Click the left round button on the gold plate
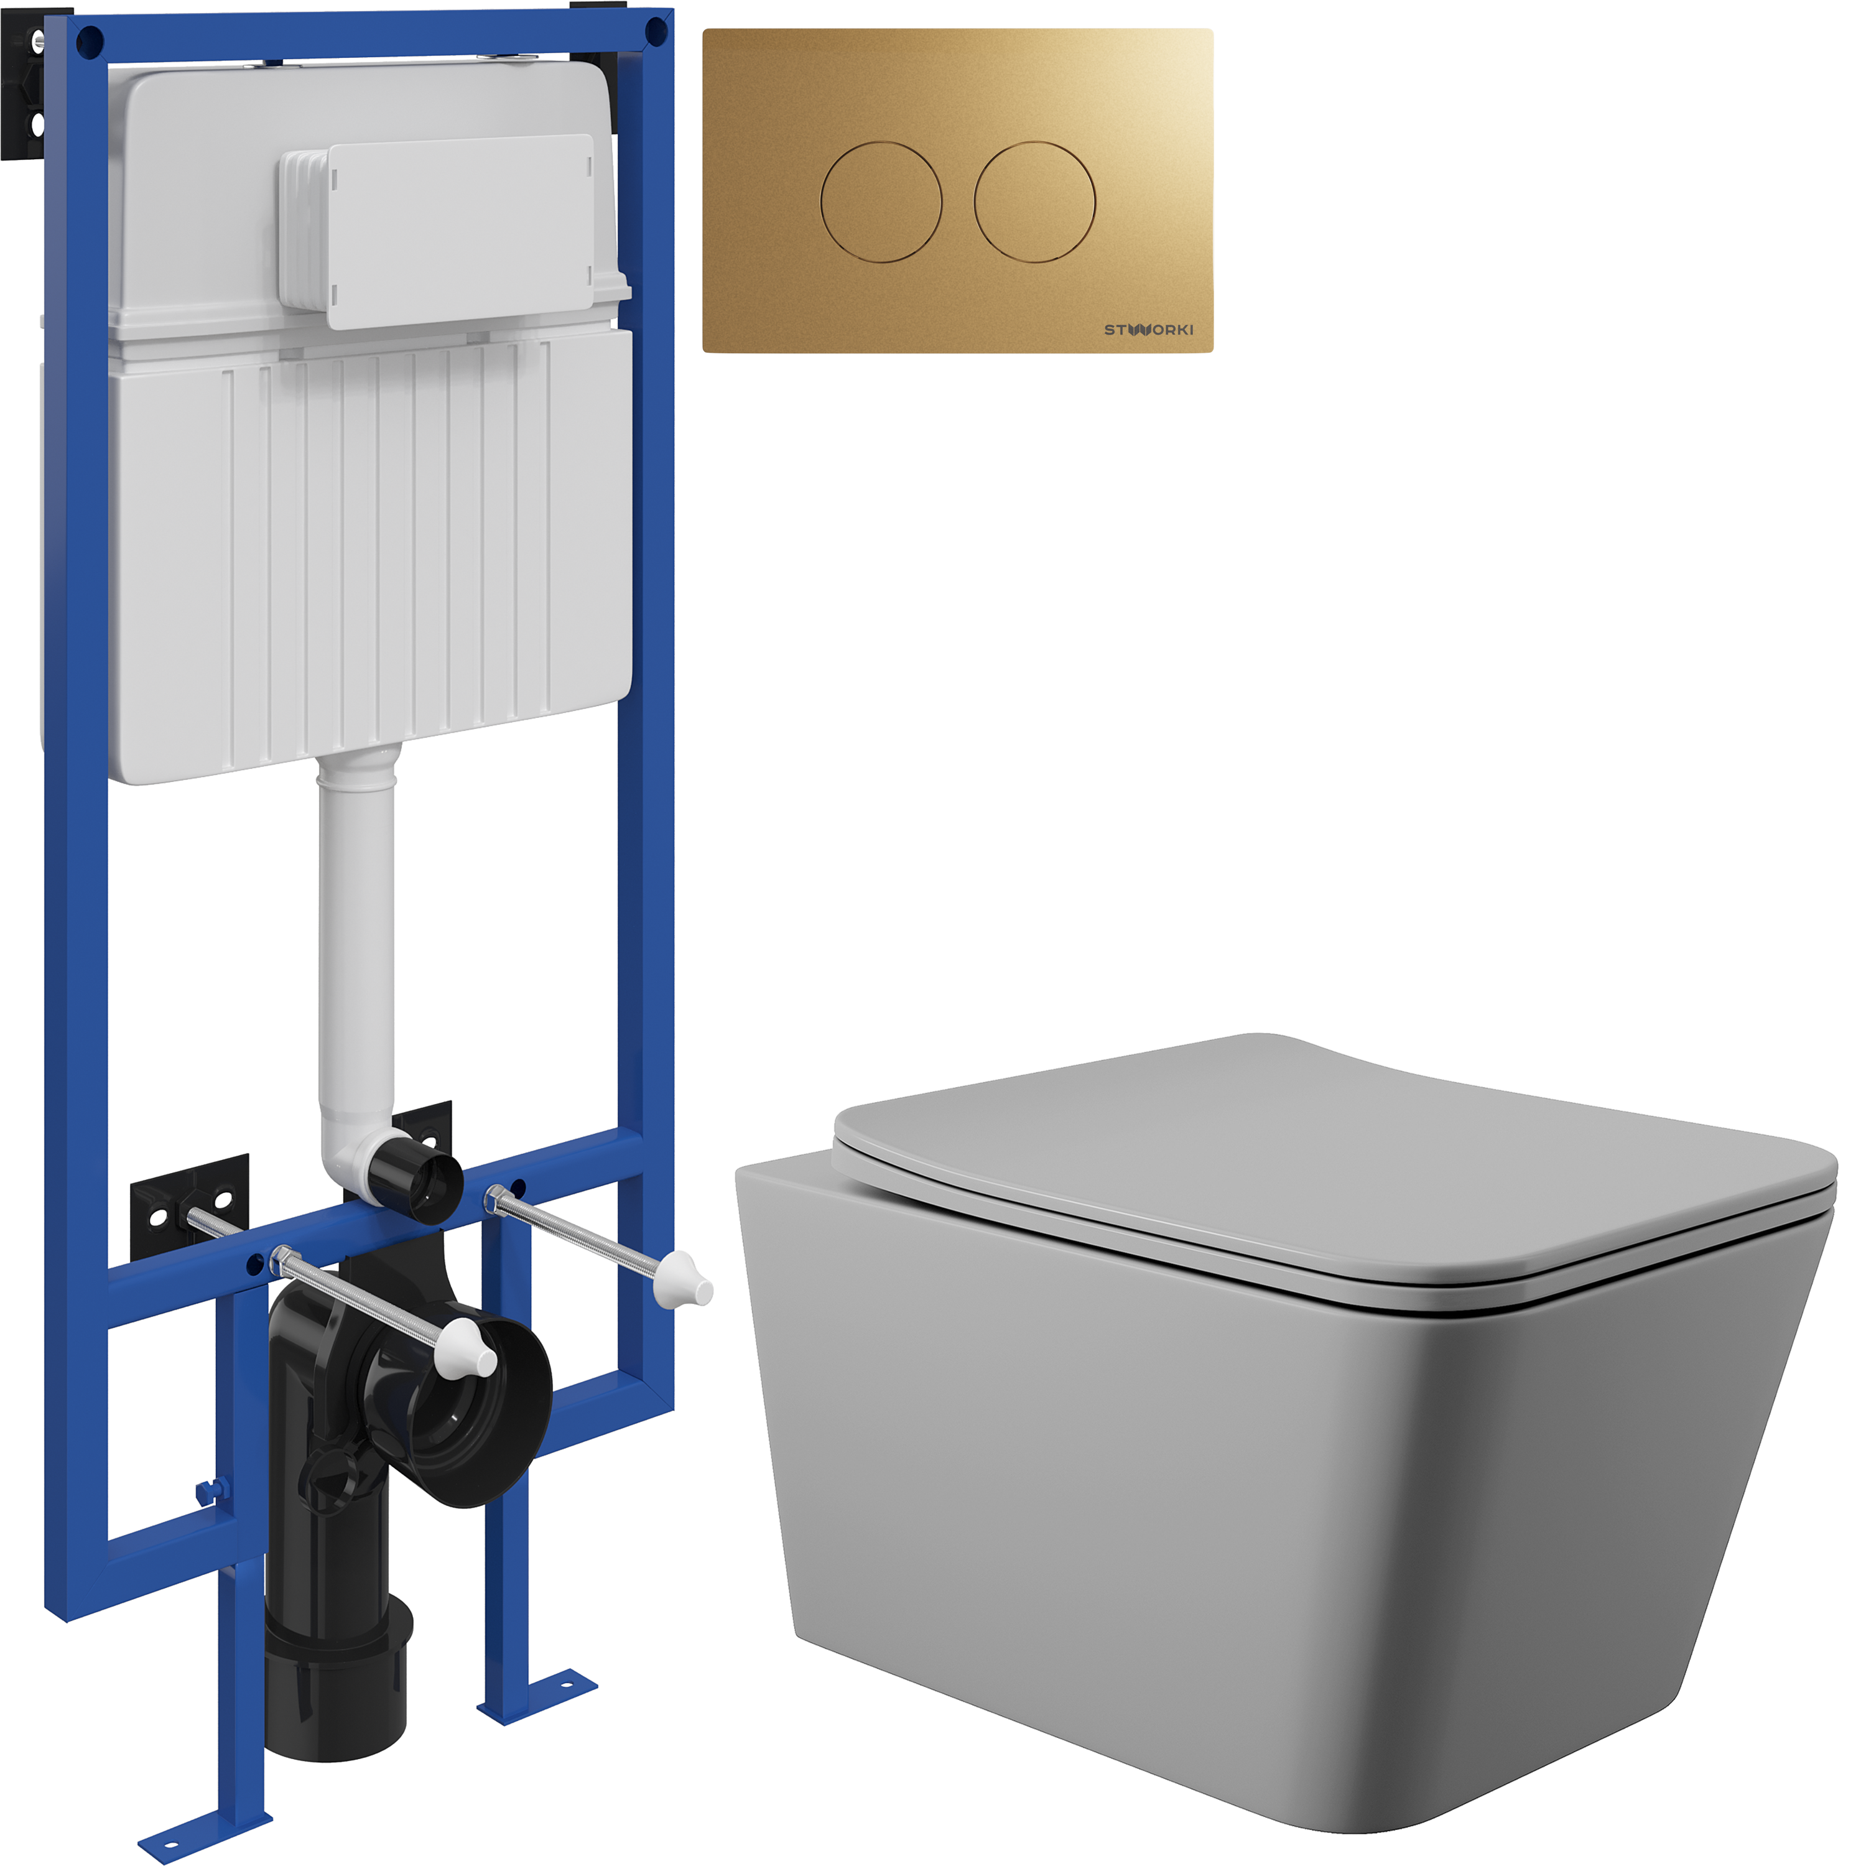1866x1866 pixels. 881,202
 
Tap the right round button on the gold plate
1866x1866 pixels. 1034,202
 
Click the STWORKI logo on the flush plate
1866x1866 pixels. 1148,330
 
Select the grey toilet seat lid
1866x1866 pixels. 1333,1169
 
